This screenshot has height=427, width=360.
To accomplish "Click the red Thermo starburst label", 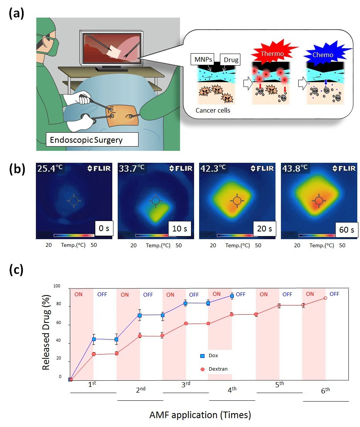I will coord(269,51).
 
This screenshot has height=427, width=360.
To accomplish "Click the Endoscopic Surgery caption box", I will coord(92,139).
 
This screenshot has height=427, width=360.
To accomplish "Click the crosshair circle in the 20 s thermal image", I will coord(237,201).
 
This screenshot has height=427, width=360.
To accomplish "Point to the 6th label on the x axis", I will coord(326,390).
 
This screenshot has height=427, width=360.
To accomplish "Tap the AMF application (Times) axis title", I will coord(200,415).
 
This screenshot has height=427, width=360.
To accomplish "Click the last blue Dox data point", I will coord(232,296).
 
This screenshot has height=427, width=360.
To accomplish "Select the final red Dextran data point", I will coord(325,298).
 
